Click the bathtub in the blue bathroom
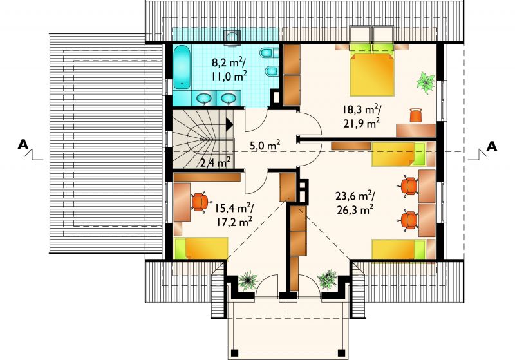tap(182, 68)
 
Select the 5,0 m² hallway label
tap(265, 145)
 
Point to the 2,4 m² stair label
tap(216, 162)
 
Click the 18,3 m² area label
tap(361, 109)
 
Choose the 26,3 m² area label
tap(355, 209)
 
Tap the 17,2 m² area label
tap(234, 222)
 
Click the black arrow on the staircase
tap(229, 124)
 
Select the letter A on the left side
tap(23, 144)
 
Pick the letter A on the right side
tap(491, 146)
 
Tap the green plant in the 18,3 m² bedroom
tap(426, 83)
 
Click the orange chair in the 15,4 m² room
tap(200, 202)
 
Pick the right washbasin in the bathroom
tap(229, 99)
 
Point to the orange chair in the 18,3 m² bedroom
tap(416, 115)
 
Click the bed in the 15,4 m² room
tap(201, 248)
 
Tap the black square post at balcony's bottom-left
tap(234, 353)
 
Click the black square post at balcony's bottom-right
tap(342, 353)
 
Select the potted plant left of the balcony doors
tap(248, 281)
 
